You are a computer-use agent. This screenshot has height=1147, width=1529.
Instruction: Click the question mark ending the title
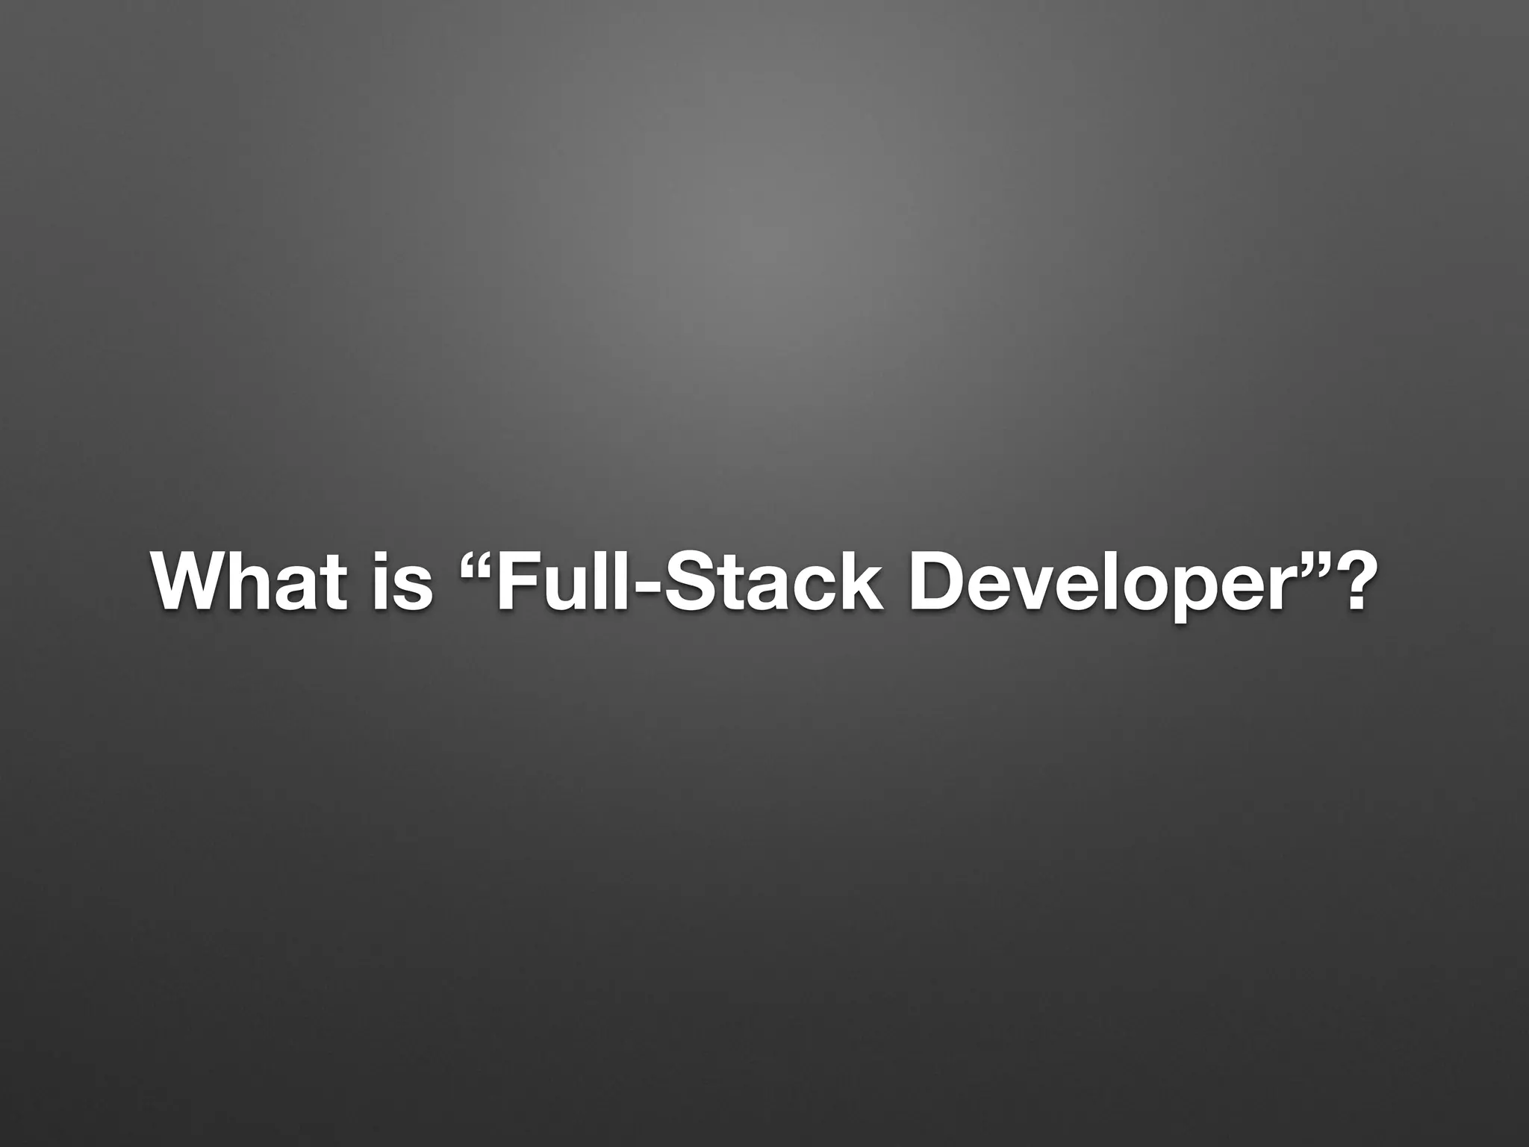1351,582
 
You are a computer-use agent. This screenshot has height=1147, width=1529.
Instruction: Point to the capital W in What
187,582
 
